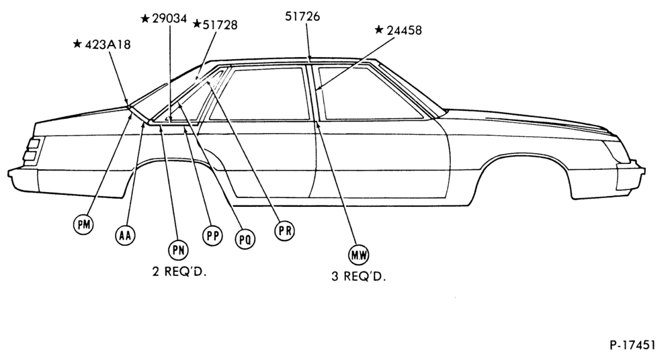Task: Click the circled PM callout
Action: tap(83, 224)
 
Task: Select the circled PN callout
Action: tap(178, 251)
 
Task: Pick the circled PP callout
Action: tap(212, 235)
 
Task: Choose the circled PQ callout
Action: tap(245, 239)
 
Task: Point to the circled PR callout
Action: tap(284, 230)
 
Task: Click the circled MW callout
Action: tap(358, 255)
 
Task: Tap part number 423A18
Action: tap(108, 44)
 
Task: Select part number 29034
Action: tap(169, 19)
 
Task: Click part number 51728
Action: tap(220, 25)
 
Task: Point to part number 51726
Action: tap(302, 16)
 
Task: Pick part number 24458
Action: tap(404, 30)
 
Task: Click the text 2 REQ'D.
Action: tap(179, 272)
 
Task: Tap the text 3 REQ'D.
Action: tap(359, 277)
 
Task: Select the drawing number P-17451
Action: tap(632, 345)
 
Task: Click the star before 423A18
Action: tap(77, 44)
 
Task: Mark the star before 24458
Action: tap(379, 30)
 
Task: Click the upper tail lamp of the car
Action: tap(34, 144)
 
